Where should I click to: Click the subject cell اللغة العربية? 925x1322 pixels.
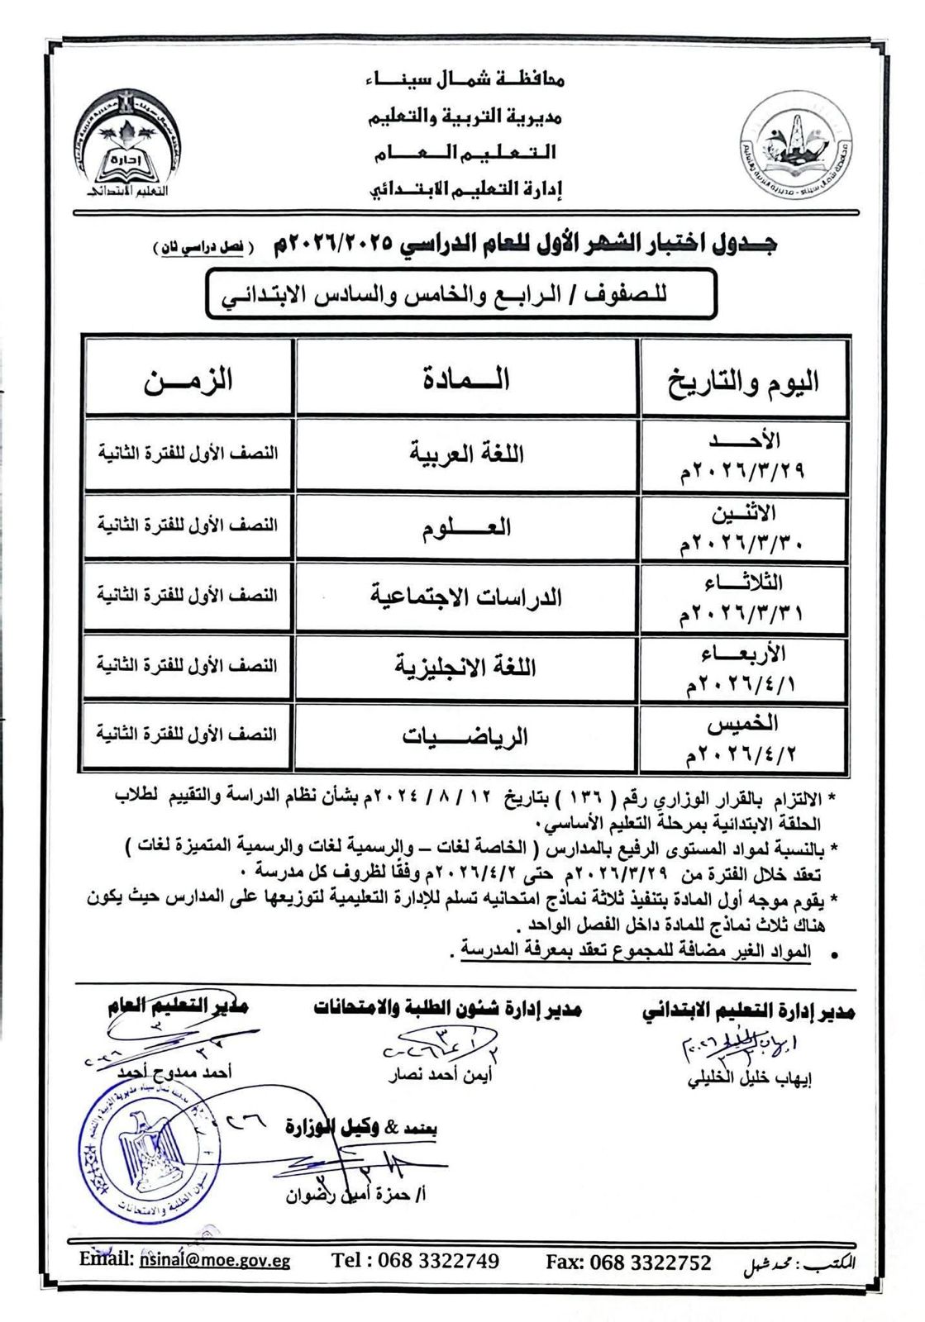[466, 454]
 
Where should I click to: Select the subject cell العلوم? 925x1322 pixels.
[466, 526]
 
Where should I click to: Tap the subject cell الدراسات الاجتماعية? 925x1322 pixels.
[466, 597]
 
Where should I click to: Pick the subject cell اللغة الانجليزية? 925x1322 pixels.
[466, 667]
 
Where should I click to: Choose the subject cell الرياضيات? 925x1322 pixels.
[466, 736]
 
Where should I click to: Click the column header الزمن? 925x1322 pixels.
[188, 379]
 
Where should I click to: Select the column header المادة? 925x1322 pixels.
[466, 379]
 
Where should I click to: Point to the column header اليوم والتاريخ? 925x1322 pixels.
[743, 381]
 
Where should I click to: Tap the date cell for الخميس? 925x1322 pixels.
[743, 738]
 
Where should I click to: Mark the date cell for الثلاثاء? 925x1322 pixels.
[743, 597]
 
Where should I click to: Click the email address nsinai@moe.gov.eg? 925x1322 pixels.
[215, 1260]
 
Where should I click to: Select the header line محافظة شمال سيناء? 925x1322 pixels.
[464, 80]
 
